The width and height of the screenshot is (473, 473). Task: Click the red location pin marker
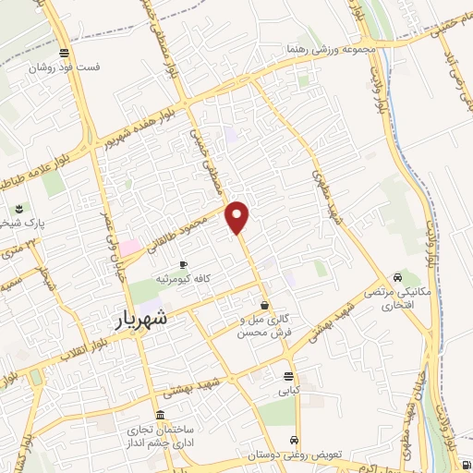click(x=238, y=216)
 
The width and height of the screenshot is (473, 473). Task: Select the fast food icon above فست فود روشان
click(x=63, y=53)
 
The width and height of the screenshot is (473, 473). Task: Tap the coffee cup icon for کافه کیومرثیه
click(x=183, y=265)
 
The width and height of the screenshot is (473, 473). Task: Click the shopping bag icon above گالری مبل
click(x=264, y=304)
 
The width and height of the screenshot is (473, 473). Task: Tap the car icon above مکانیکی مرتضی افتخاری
click(x=397, y=276)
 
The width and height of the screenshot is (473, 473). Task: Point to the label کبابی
click(x=289, y=391)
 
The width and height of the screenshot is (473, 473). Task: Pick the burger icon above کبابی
click(x=289, y=376)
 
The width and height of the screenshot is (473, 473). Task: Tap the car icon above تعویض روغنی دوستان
click(x=294, y=441)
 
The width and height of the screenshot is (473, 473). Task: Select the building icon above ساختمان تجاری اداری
click(x=163, y=414)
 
